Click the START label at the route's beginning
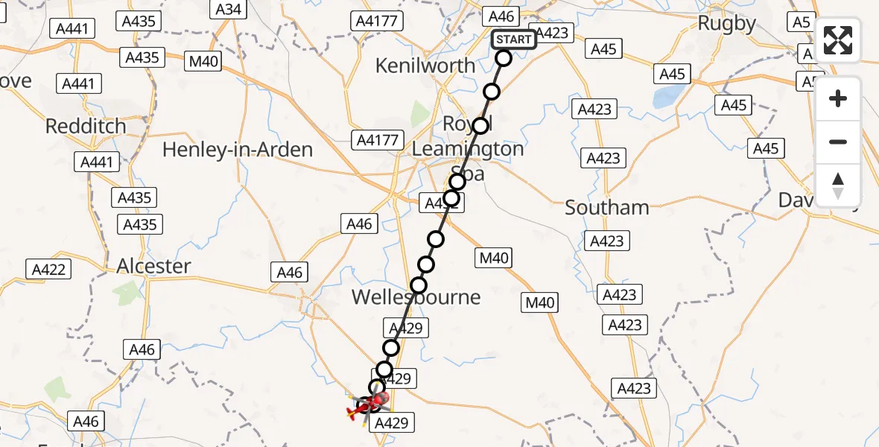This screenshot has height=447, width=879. pyautogui.click(x=514, y=39)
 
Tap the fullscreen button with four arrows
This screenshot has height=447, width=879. pyautogui.click(x=838, y=40)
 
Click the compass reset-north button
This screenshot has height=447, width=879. pyautogui.click(x=838, y=186)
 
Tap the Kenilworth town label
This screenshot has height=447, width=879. pyautogui.click(x=425, y=66)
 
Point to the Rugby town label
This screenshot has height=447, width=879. pyautogui.click(x=726, y=24)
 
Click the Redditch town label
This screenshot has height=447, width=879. pyautogui.click(x=86, y=126)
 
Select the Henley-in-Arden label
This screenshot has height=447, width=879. pyautogui.click(x=237, y=150)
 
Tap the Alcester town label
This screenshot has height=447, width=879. pyautogui.click(x=153, y=266)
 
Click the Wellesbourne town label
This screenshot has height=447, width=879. pyautogui.click(x=416, y=297)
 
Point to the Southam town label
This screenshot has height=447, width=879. pyautogui.click(x=606, y=208)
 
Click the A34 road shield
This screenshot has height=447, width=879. pyautogui.click(x=229, y=9)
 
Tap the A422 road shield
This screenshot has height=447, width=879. pyautogui.click(x=49, y=270)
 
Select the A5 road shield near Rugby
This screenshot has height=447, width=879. pyautogui.click(x=801, y=22)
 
